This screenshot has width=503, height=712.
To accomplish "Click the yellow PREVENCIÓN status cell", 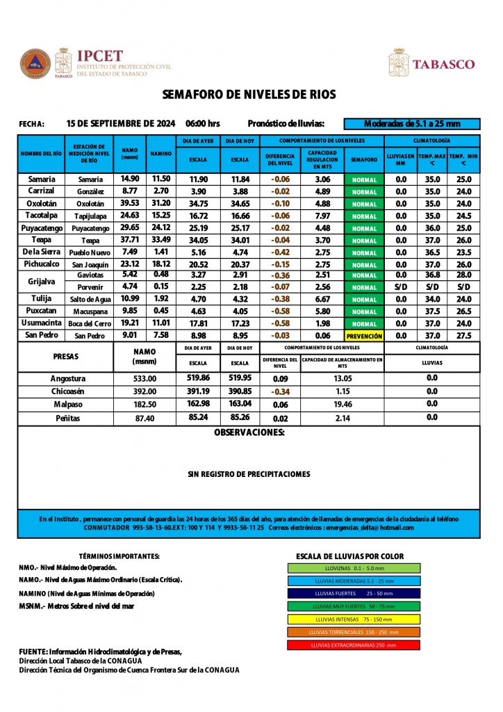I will (364, 336).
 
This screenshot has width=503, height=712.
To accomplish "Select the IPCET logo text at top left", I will (100, 56).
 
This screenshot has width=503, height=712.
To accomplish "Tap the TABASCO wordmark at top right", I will (444, 65).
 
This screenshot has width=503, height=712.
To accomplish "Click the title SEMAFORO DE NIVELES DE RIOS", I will (249, 95).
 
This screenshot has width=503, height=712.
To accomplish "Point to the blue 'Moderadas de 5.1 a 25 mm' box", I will (412, 124).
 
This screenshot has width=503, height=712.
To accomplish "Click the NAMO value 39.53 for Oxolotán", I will (130, 204).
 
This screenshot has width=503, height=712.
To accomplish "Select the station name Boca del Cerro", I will (90, 324).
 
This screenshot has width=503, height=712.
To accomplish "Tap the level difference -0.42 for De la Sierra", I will (280, 252).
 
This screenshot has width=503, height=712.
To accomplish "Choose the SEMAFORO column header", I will (364, 159).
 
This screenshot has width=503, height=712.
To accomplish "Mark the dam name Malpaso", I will (68, 404).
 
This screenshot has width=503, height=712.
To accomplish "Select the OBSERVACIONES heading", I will (249, 432).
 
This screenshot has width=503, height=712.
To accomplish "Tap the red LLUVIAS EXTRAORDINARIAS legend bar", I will (354, 645).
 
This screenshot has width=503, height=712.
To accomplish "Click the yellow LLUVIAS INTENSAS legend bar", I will (354, 619).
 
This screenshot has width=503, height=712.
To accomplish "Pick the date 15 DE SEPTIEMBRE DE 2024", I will (121, 124).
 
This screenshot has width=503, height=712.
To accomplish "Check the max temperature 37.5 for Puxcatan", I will (432, 311).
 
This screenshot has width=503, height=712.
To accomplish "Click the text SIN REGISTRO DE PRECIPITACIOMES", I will (249, 474).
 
